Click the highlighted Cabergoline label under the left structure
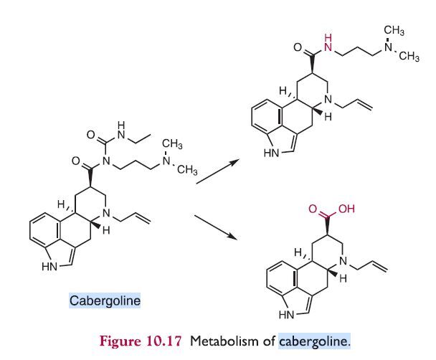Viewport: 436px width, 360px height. click(105, 300)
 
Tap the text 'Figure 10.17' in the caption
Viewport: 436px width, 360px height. click(141, 341)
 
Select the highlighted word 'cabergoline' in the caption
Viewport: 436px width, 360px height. click(315, 341)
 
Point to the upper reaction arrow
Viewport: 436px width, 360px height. click(218, 171)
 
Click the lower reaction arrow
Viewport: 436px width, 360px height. click(216, 227)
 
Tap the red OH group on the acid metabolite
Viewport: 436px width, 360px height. click(346, 209)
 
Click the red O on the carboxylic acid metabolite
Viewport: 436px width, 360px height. click(313, 209)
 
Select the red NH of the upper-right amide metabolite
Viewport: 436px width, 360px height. click(328, 43)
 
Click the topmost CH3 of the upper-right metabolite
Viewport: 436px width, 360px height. click(394, 30)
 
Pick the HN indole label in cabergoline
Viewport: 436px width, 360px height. click(49, 266)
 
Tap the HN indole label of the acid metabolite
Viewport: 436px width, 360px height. click(287, 315)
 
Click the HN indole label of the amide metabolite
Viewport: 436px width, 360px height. click(272, 153)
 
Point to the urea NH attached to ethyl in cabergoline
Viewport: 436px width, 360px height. click(121, 130)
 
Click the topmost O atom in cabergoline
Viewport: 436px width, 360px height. click(90, 135)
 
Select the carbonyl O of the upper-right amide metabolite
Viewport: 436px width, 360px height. click(298, 47)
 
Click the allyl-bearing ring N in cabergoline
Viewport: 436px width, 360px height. click(106, 214)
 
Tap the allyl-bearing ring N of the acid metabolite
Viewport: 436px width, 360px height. click(343, 261)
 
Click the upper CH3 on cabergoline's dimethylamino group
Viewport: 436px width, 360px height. click(172, 144)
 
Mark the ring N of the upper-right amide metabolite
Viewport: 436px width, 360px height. click(328, 99)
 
